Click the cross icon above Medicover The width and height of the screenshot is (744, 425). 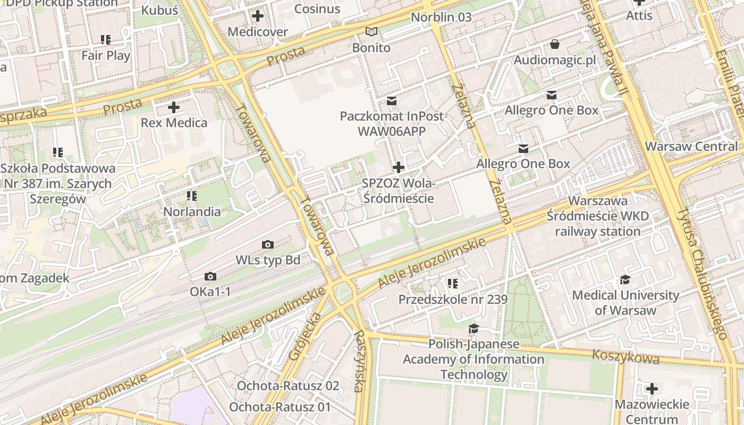[x=258, y=16]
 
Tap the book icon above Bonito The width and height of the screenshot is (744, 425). [x=371, y=32]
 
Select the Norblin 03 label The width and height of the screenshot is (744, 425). [x=441, y=17]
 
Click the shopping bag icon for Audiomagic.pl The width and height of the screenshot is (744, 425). [x=555, y=44]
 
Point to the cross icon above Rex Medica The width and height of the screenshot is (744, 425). [x=174, y=107]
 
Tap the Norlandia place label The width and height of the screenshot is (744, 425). [x=192, y=211]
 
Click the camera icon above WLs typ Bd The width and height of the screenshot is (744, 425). [x=268, y=244]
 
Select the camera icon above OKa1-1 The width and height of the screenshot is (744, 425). [x=210, y=276]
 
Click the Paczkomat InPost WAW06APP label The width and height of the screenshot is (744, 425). [x=392, y=123]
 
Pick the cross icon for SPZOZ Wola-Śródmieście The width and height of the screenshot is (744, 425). [x=398, y=168]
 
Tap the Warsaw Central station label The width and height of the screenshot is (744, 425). [x=691, y=146]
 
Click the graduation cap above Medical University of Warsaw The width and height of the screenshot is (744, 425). [x=625, y=279]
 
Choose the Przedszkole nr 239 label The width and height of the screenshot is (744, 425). [x=453, y=300]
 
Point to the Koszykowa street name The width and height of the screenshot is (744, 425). [x=625, y=356]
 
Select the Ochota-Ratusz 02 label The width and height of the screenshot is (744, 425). [x=288, y=386]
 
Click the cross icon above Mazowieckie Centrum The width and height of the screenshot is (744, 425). [x=652, y=389]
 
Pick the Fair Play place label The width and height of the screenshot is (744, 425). [x=106, y=55]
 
